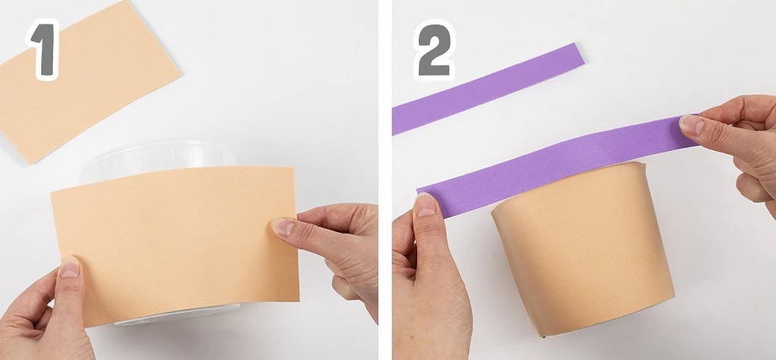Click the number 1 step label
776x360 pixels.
click(x=43, y=50)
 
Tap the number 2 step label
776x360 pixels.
click(x=434, y=50)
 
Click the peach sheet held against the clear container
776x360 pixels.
click(x=176, y=245)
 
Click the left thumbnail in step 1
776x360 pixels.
click(x=69, y=267)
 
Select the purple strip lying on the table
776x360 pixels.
click(x=488, y=89)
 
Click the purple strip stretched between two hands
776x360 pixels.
click(x=557, y=166)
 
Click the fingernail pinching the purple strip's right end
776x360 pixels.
click(x=692, y=125)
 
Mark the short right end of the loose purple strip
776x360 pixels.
click(x=579, y=53)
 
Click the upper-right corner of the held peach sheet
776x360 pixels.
click(x=295, y=168)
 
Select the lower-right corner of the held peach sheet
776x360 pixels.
click(x=299, y=300)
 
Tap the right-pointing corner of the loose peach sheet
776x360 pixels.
click(x=180, y=76)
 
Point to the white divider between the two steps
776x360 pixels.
click(x=385, y=180)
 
